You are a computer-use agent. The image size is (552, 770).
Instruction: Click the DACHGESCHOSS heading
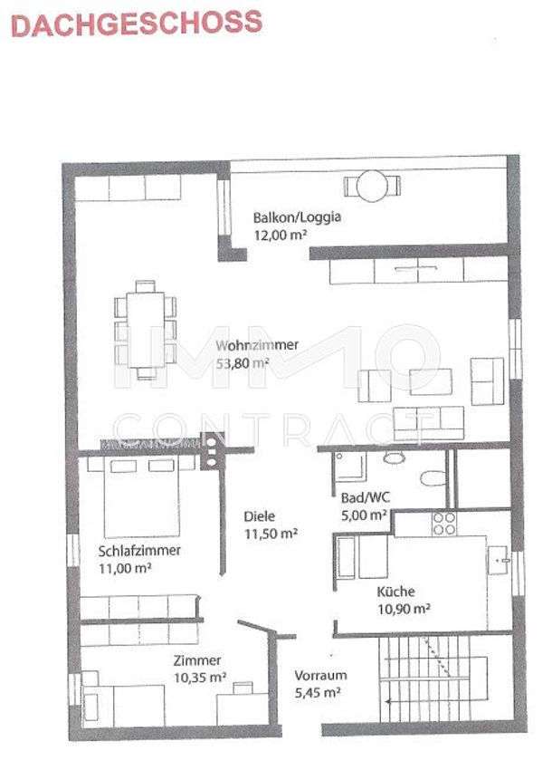point(137,24)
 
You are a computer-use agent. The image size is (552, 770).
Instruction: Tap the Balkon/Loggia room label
point(297,217)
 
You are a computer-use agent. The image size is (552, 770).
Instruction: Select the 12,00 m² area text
point(281,236)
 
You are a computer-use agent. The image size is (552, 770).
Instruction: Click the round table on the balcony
point(373,186)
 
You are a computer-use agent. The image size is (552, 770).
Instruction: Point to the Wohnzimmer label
point(257,345)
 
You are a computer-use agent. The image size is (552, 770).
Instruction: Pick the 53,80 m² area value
point(243,363)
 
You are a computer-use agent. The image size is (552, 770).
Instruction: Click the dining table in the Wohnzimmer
point(146,330)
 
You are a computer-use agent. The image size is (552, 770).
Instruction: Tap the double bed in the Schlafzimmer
point(142,497)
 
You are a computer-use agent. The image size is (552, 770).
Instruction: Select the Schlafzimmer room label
point(140,551)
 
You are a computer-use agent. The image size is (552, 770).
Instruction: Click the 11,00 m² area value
point(125,569)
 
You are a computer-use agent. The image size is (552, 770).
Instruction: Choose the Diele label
point(260,516)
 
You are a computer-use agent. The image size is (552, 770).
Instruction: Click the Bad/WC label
point(366,497)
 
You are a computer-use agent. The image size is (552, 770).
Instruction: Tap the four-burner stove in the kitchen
point(444,524)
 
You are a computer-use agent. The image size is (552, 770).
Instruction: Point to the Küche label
point(396,592)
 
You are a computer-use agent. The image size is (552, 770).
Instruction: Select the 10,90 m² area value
point(404,610)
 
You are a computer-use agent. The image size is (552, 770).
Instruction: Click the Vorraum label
point(320,675)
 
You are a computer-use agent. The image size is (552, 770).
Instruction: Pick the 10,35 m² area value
point(200,679)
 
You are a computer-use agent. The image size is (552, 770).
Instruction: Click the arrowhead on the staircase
point(388,702)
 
